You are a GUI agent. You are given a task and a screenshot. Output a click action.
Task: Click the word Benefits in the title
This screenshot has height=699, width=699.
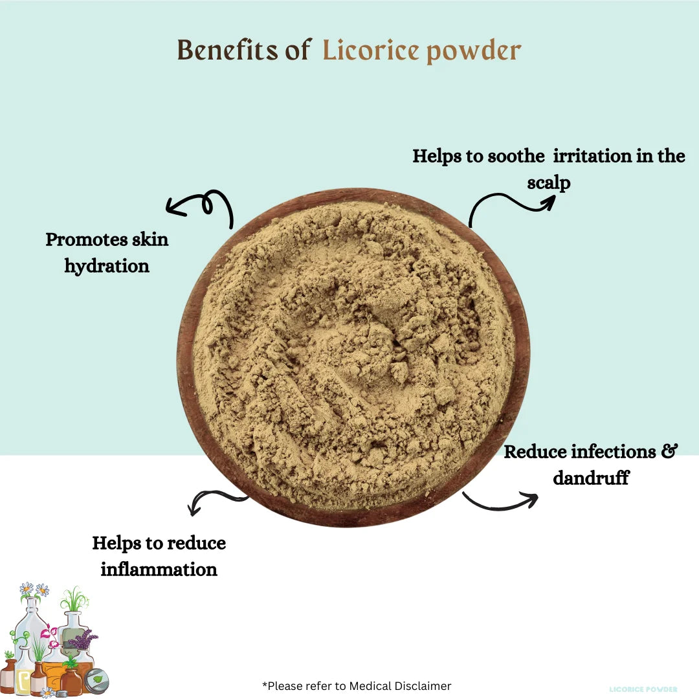click(228, 49)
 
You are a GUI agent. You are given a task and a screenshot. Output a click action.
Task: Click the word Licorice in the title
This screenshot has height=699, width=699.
click(371, 49)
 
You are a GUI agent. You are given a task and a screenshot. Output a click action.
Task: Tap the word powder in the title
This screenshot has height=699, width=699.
click(474, 52)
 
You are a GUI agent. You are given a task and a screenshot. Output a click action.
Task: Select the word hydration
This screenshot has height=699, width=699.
click(107, 267)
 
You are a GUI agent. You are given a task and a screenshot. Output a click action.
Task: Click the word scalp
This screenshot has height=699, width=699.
click(549, 183)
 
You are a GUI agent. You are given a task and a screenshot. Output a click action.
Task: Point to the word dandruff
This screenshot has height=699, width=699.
click(591, 478)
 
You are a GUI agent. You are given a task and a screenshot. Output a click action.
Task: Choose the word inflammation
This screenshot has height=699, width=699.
click(159, 570)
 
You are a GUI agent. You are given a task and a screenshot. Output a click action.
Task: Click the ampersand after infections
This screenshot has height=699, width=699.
click(670, 451)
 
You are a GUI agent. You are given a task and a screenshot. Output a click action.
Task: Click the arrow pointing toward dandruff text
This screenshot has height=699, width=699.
click(500, 501)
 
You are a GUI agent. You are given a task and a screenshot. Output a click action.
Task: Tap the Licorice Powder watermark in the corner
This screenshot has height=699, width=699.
click(643, 689)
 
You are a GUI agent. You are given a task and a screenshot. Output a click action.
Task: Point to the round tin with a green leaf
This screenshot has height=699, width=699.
click(96, 681)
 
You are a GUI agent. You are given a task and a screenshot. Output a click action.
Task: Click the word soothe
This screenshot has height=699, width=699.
click(516, 156)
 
